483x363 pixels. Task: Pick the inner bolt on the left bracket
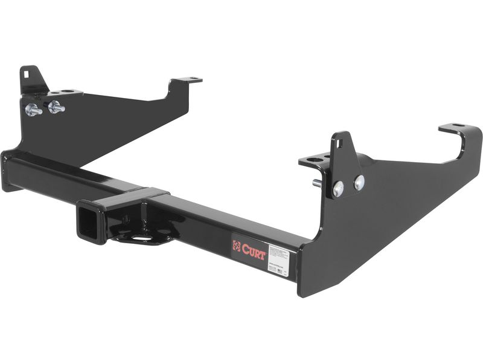(56, 107)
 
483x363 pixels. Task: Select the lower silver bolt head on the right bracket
(338, 189)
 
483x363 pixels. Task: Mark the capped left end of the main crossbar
(7, 172)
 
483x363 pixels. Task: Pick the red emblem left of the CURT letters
(237, 246)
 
